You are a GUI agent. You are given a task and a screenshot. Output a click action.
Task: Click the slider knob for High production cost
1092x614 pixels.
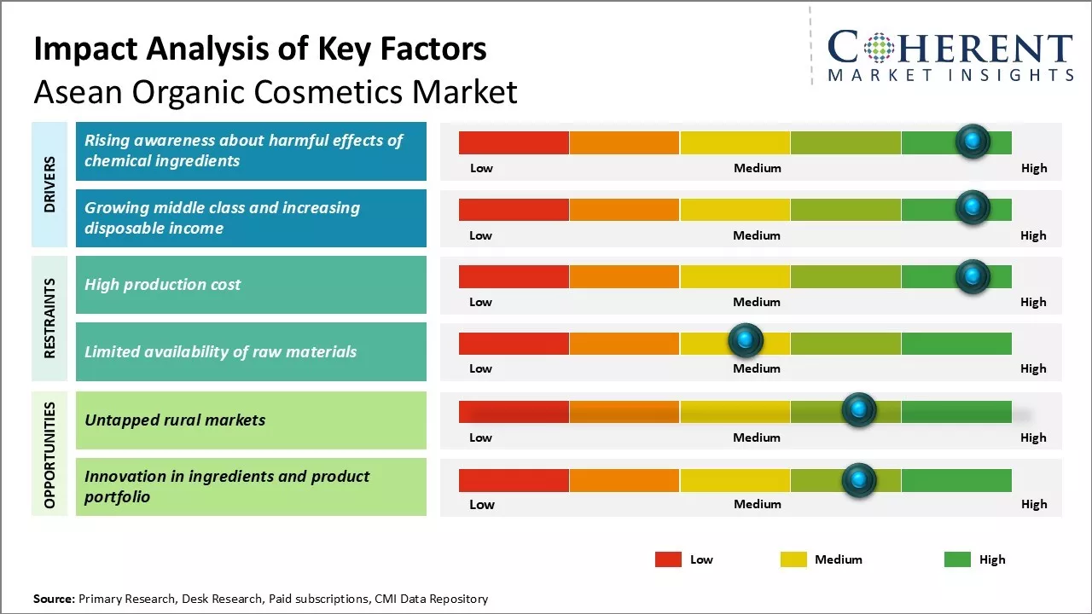point(972,276)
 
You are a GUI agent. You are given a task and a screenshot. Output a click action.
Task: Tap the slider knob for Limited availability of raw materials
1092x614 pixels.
point(746,341)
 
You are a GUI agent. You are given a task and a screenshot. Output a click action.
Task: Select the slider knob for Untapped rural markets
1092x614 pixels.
point(858,410)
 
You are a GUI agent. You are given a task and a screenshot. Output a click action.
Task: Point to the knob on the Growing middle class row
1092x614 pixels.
point(972,207)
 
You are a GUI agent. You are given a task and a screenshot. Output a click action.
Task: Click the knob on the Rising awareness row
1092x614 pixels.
point(972,141)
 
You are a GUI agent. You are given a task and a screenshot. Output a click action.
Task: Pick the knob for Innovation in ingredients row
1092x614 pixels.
point(858,480)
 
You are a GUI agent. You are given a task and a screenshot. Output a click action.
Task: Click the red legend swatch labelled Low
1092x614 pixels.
point(668,559)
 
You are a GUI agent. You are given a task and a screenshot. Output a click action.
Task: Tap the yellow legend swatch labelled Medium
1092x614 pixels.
point(793,559)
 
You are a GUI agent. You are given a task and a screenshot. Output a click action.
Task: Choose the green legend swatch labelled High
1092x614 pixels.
point(957,559)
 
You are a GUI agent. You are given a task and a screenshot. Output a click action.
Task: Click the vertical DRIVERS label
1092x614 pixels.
point(49,184)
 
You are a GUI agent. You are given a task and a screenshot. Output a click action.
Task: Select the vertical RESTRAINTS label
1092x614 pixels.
point(49,317)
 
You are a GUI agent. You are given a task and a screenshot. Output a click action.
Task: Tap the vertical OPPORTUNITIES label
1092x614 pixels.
point(49,455)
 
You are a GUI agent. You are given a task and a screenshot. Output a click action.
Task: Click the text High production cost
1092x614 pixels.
point(162,285)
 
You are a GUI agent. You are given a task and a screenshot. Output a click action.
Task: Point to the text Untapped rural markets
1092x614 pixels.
point(175,420)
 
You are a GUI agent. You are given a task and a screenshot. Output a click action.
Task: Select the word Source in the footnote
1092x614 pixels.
point(53,599)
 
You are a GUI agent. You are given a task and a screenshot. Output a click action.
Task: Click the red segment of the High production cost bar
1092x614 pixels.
point(514,276)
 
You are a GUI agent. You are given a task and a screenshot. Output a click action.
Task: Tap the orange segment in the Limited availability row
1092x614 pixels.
point(624,343)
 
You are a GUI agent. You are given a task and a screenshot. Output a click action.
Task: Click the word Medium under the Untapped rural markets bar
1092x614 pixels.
point(757,437)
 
